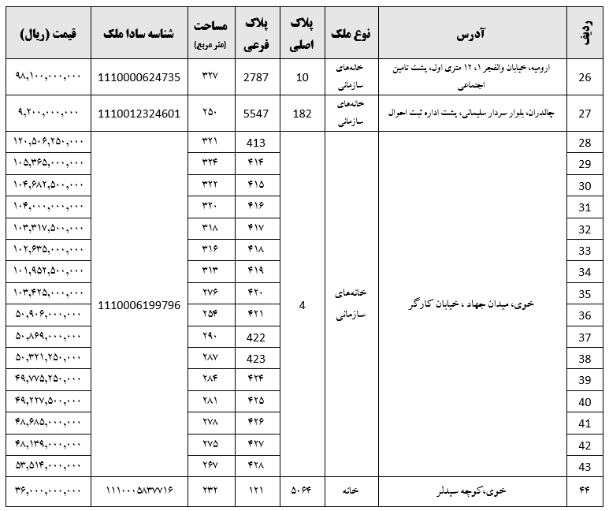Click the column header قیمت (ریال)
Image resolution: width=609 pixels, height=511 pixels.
coord(48,35)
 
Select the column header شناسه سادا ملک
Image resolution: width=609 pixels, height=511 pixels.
coord(139,35)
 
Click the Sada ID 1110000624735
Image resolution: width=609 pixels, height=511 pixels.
coord(139,77)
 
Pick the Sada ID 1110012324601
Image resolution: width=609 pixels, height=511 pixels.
coord(139,114)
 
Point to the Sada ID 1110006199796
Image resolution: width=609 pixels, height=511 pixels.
coord(139,304)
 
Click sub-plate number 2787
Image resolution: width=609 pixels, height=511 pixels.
coord(257,77)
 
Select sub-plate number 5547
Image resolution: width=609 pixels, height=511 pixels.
coord(257,114)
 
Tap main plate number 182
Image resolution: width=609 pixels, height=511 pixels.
coord(303,114)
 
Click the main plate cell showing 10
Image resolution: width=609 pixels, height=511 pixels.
coord(303,77)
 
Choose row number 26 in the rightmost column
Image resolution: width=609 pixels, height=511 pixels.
coord(585,77)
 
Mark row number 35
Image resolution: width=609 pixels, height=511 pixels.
coord(585,294)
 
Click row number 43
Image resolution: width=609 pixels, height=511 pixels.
coord(585,466)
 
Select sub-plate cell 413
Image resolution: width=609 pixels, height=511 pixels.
coord(257,143)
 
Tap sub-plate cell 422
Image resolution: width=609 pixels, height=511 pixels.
coord(257,337)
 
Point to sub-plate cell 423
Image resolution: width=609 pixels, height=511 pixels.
coord(257,359)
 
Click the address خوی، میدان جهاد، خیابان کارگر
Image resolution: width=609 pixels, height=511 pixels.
coord(472,304)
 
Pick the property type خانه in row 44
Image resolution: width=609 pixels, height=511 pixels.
coord(351,490)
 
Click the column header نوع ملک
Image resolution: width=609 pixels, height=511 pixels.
coord(351,35)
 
